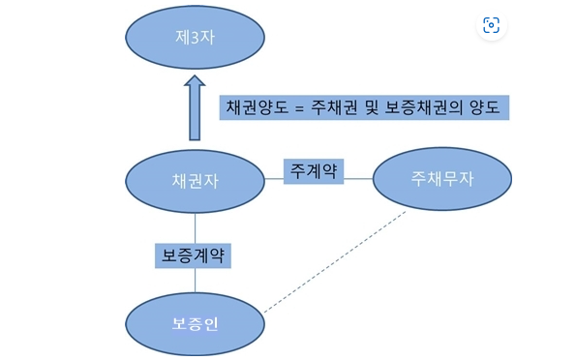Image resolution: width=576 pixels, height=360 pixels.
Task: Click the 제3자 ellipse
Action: pos(195,39)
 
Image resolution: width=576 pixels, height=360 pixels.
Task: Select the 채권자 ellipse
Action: pos(195,180)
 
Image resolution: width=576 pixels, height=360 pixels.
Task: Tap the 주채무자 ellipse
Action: pos(443,180)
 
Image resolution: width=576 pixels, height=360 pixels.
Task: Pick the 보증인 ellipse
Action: pos(195,322)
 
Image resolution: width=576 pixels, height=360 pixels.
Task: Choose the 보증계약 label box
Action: pos(195,255)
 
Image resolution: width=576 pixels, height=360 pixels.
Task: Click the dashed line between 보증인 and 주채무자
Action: pos(334,261)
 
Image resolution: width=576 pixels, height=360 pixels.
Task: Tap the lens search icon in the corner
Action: pos(491,25)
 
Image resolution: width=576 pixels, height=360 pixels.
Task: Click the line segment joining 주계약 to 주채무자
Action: pos(358,178)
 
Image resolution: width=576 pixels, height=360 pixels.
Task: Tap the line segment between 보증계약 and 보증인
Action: pos(195,281)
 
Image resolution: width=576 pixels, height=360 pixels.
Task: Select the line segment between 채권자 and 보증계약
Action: pos(195,227)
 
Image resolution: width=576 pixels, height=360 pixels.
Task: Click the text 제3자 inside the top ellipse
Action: pos(195,39)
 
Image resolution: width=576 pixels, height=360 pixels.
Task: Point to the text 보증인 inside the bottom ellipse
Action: pos(195,323)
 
